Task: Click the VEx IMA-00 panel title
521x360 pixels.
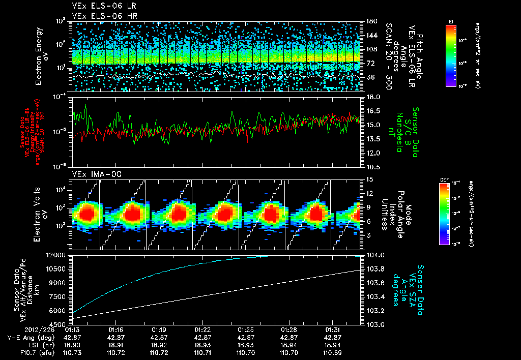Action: coord(92,174)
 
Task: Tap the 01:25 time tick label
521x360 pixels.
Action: coord(246,329)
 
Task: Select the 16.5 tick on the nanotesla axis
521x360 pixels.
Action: coord(374,110)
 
